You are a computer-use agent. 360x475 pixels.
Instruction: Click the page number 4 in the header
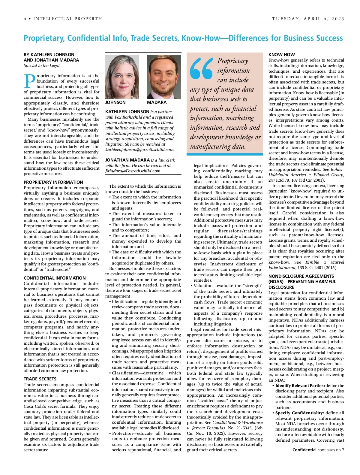click(x=25, y=19)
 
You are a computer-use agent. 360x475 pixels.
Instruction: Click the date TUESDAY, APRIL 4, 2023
click(x=308, y=19)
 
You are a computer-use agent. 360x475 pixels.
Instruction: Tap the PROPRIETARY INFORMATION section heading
click(x=53, y=182)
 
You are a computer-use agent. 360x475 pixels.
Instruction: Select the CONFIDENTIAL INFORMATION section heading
click(x=55, y=278)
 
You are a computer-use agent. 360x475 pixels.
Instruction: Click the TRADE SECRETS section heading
click(x=40, y=379)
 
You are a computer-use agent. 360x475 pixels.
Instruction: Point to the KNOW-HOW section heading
click(x=281, y=55)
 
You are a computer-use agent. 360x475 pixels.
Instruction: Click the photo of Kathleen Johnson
click(x=122, y=77)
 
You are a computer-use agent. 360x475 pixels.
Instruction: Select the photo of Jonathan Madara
click(x=164, y=77)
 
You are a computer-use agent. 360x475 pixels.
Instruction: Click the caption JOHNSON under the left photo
click(x=115, y=102)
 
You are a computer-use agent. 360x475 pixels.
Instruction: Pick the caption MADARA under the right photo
click(x=157, y=102)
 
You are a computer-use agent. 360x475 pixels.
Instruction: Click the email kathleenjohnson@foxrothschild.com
click(x=140, y=150)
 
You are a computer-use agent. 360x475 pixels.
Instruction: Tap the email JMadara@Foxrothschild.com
click(x=133, y=171)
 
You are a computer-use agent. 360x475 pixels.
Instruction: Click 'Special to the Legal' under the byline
click(x=42, y=65)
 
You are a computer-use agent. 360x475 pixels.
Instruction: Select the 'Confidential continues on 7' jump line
click(x=318, y=450)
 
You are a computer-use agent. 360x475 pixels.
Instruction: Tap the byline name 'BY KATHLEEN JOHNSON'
click(x=49, y=55)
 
